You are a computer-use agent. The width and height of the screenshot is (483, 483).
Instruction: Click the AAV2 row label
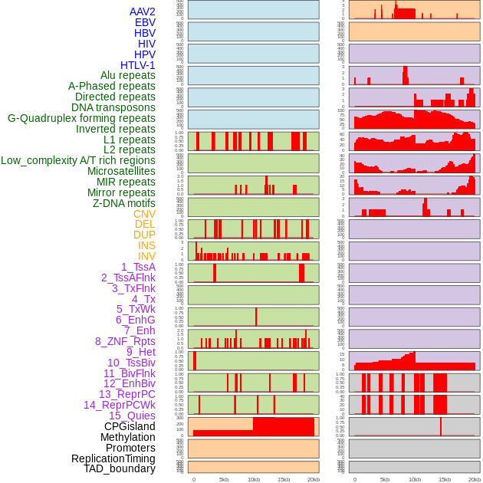142,11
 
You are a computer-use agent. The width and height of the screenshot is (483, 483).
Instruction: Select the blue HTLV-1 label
137,65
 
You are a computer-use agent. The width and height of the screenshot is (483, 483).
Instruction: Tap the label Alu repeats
127,75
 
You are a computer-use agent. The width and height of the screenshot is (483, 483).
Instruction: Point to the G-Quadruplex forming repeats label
81,118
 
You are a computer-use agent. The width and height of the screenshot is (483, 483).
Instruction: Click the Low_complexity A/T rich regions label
78,160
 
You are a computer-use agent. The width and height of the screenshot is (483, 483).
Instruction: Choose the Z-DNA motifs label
123,203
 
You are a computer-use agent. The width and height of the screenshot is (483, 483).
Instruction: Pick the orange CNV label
144,214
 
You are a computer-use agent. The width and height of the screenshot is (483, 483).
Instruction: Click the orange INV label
146,256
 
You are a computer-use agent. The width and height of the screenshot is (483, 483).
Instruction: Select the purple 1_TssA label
138,267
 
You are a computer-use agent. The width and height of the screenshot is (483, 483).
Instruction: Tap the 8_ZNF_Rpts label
125,341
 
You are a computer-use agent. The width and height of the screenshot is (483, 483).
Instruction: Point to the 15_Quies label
132,416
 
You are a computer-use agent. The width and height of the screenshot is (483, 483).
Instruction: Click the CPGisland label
130,426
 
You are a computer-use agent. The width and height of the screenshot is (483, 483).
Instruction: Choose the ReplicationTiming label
113,458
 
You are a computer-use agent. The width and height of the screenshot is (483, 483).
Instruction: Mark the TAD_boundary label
119,468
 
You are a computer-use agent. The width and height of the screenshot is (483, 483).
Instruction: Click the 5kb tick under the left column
224,479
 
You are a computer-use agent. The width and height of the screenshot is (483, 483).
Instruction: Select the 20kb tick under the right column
475,479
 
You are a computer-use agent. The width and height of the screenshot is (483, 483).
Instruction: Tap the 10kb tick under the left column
254,479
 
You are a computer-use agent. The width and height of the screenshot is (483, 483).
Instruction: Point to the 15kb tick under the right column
445,479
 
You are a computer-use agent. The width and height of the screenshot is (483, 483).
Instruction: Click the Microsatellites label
121,171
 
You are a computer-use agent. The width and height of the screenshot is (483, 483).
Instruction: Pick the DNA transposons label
113,107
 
